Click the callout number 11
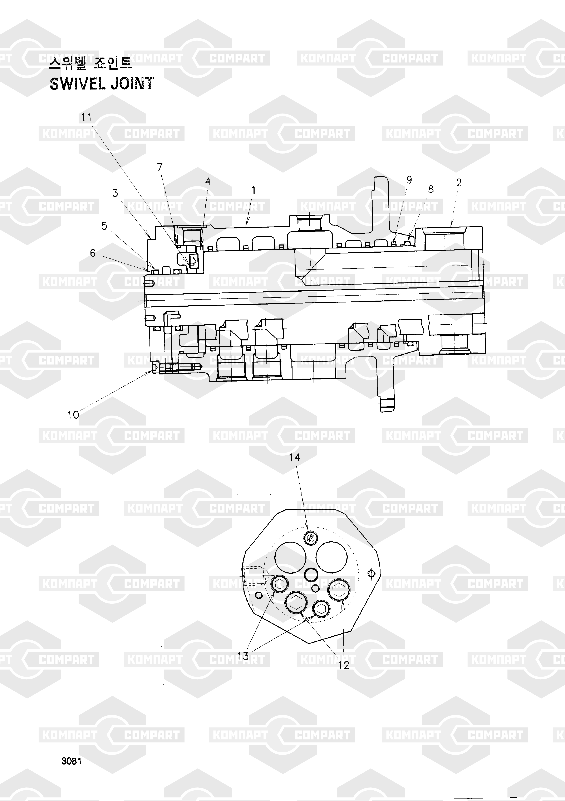[x=87, y=118]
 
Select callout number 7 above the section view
[x=160, y=168]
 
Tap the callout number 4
[x=208, y=181]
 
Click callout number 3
[x=115, y=193]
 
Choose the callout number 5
[x=104, y=226]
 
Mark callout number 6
[x=93, y=253]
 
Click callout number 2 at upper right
[x=459, y=183]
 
